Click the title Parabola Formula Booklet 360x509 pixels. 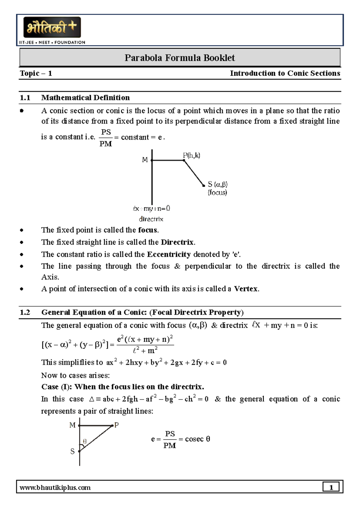click(179, 58)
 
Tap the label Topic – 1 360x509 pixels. click(36, 73)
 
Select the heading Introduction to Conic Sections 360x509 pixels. click(285, 73)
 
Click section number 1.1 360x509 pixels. click(25, 98)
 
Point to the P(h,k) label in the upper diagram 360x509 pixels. click(192, 155)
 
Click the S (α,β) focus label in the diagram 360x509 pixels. click(217, 184)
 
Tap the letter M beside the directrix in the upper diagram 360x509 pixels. click(145, 160)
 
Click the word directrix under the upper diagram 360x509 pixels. click(151, 219)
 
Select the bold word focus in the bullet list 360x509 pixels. click(148, 230)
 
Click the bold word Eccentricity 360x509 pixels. click(169, 254)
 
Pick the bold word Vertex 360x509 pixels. click(246, 289)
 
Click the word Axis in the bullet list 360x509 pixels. click(50, 277)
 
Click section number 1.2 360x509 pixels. click(25, 312)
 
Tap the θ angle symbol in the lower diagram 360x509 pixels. click(85, 441)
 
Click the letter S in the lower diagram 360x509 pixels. click(72, 451)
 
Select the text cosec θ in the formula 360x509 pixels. click(197, 439)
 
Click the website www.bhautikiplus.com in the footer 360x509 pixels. click(55, 487)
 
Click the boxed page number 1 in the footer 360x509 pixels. click(331, 487)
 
